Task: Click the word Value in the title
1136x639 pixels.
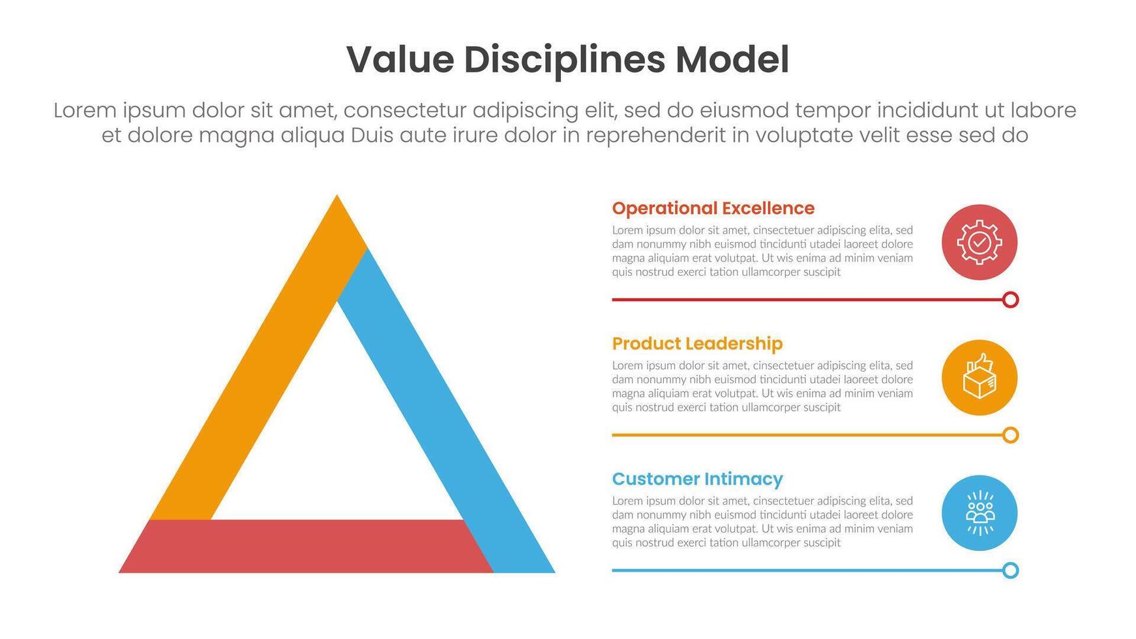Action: point(400,60)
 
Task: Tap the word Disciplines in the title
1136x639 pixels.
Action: point(564,60)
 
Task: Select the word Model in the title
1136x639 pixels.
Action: point(732,60)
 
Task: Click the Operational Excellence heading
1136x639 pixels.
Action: point(713,209)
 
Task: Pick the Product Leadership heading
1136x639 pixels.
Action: point(697,344)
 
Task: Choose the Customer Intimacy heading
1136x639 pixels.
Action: point(697,479)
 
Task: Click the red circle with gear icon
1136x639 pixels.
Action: point(979,243)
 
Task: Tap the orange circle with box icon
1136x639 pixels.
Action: point(979,378)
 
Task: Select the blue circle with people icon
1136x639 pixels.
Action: point(979,513)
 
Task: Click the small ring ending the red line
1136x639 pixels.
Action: point(1010,300)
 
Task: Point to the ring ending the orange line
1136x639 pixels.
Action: point(1010,435)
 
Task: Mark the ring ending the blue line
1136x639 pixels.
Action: point(1010,571)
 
